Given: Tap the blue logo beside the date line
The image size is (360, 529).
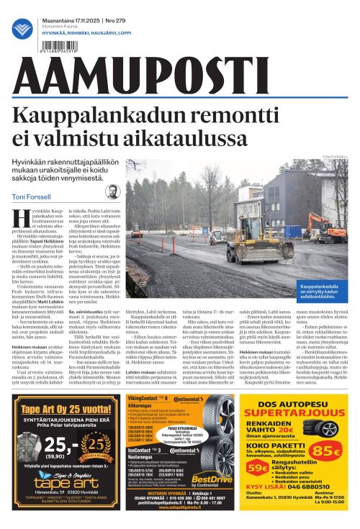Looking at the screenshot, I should coord(22,30).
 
